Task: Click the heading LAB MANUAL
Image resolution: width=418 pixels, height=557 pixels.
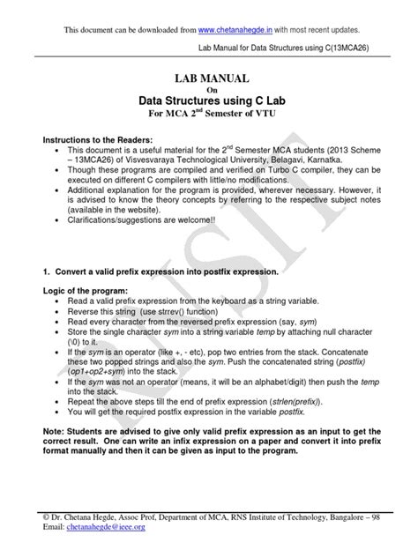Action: coord(209,79)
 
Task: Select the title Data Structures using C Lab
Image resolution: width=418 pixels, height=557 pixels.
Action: coord(209,100)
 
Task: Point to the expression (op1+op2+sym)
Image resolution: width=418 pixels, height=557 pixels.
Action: coord(98,370)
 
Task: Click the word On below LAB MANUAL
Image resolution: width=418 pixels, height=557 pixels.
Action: coord(209,90)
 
